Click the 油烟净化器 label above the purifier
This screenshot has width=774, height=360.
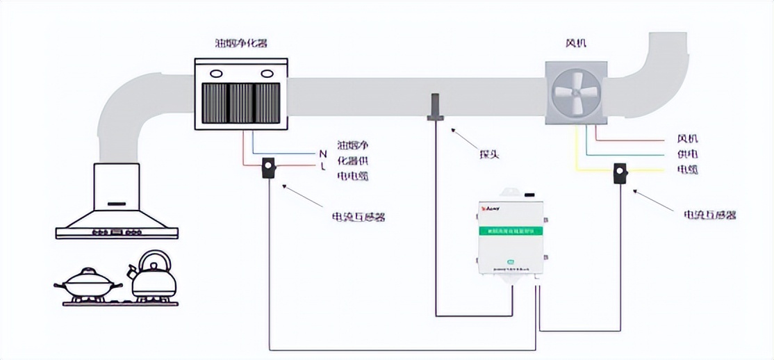(x=241, y=43)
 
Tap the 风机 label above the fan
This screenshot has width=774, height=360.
(x=576, y=43)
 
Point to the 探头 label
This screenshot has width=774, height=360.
(x=489, y=154)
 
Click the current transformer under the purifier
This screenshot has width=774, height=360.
(x=268, y=168)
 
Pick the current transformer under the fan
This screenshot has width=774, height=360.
(x=620, y=172)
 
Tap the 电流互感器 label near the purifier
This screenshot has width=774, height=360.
(x=358, y=217)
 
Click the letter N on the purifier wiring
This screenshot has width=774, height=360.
(x=322, y=153)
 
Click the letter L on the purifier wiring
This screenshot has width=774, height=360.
(x=323, y=167)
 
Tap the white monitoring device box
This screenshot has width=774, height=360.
(x=511, y=236)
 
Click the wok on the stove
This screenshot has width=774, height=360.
(x=88, y=284)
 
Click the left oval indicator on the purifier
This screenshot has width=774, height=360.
(x=216, y=72)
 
